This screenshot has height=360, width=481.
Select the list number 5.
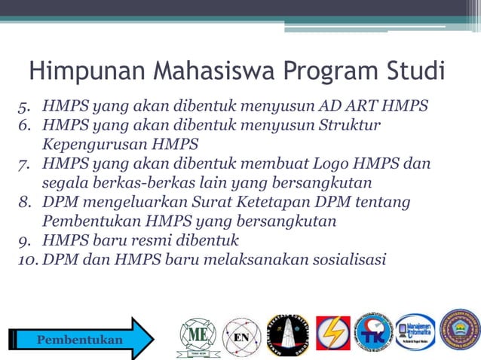point(25,105)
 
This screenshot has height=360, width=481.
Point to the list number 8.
point(25,203)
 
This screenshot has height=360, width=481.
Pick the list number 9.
point(25,241)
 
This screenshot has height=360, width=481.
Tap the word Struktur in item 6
point(351,124)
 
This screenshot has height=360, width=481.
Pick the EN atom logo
point(242,337)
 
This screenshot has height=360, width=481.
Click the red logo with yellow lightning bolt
point(332,334)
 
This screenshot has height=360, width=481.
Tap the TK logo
point(373,332)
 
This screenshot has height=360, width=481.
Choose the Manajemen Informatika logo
point(415,331)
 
